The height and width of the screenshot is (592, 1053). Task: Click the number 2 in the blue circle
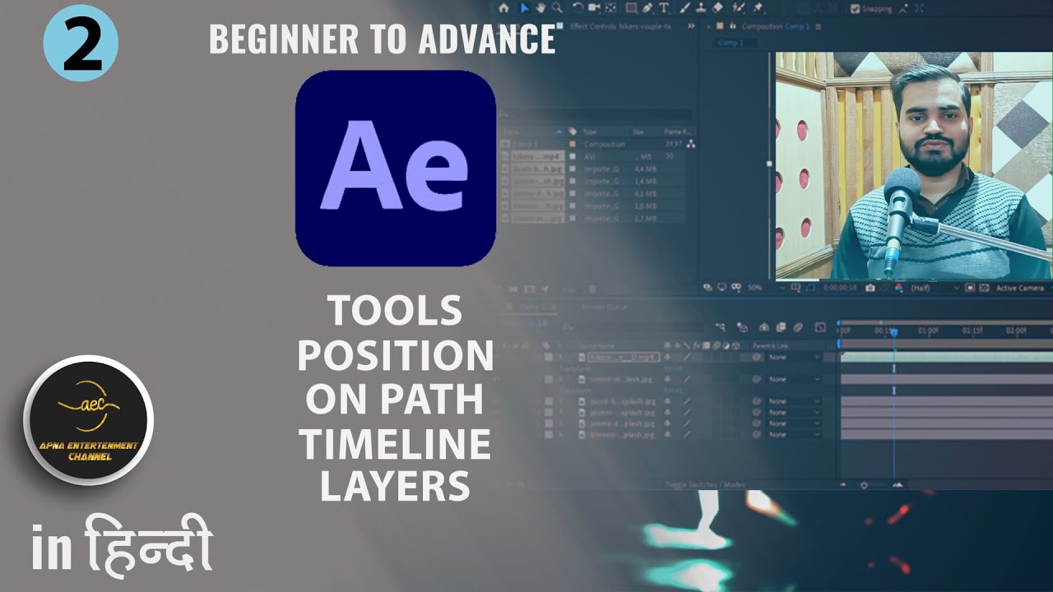(81, 43)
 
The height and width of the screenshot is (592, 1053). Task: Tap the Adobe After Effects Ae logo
(395, 168)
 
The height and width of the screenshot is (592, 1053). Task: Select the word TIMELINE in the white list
(395, 445)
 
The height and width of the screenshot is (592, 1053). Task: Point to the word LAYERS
(395, 486)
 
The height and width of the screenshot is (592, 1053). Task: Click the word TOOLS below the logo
(395, 311)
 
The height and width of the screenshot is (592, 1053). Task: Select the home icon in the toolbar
(503, 8)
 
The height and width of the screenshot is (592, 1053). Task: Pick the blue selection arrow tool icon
(524, 8)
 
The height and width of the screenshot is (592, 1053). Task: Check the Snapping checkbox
(856, 9)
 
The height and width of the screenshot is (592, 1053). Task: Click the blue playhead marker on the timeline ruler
(893, 331)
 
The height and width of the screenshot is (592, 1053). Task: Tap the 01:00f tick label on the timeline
(928, 331)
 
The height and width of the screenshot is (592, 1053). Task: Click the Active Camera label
(1020, 289)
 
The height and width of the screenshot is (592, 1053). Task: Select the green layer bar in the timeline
(946, 357)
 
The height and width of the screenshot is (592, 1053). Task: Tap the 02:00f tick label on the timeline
(1015, 331)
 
